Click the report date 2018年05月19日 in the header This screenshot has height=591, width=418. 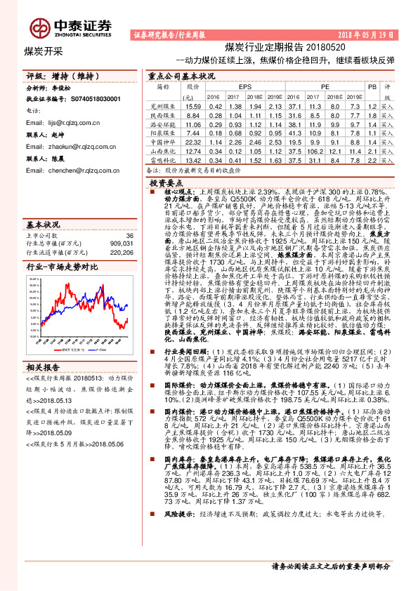point(369,34)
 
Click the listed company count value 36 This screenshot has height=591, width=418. point(129,236)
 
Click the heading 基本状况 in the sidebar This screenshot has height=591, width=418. point(43,225)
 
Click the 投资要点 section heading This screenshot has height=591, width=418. point(166,182)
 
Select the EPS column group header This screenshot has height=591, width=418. point(244,86)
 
